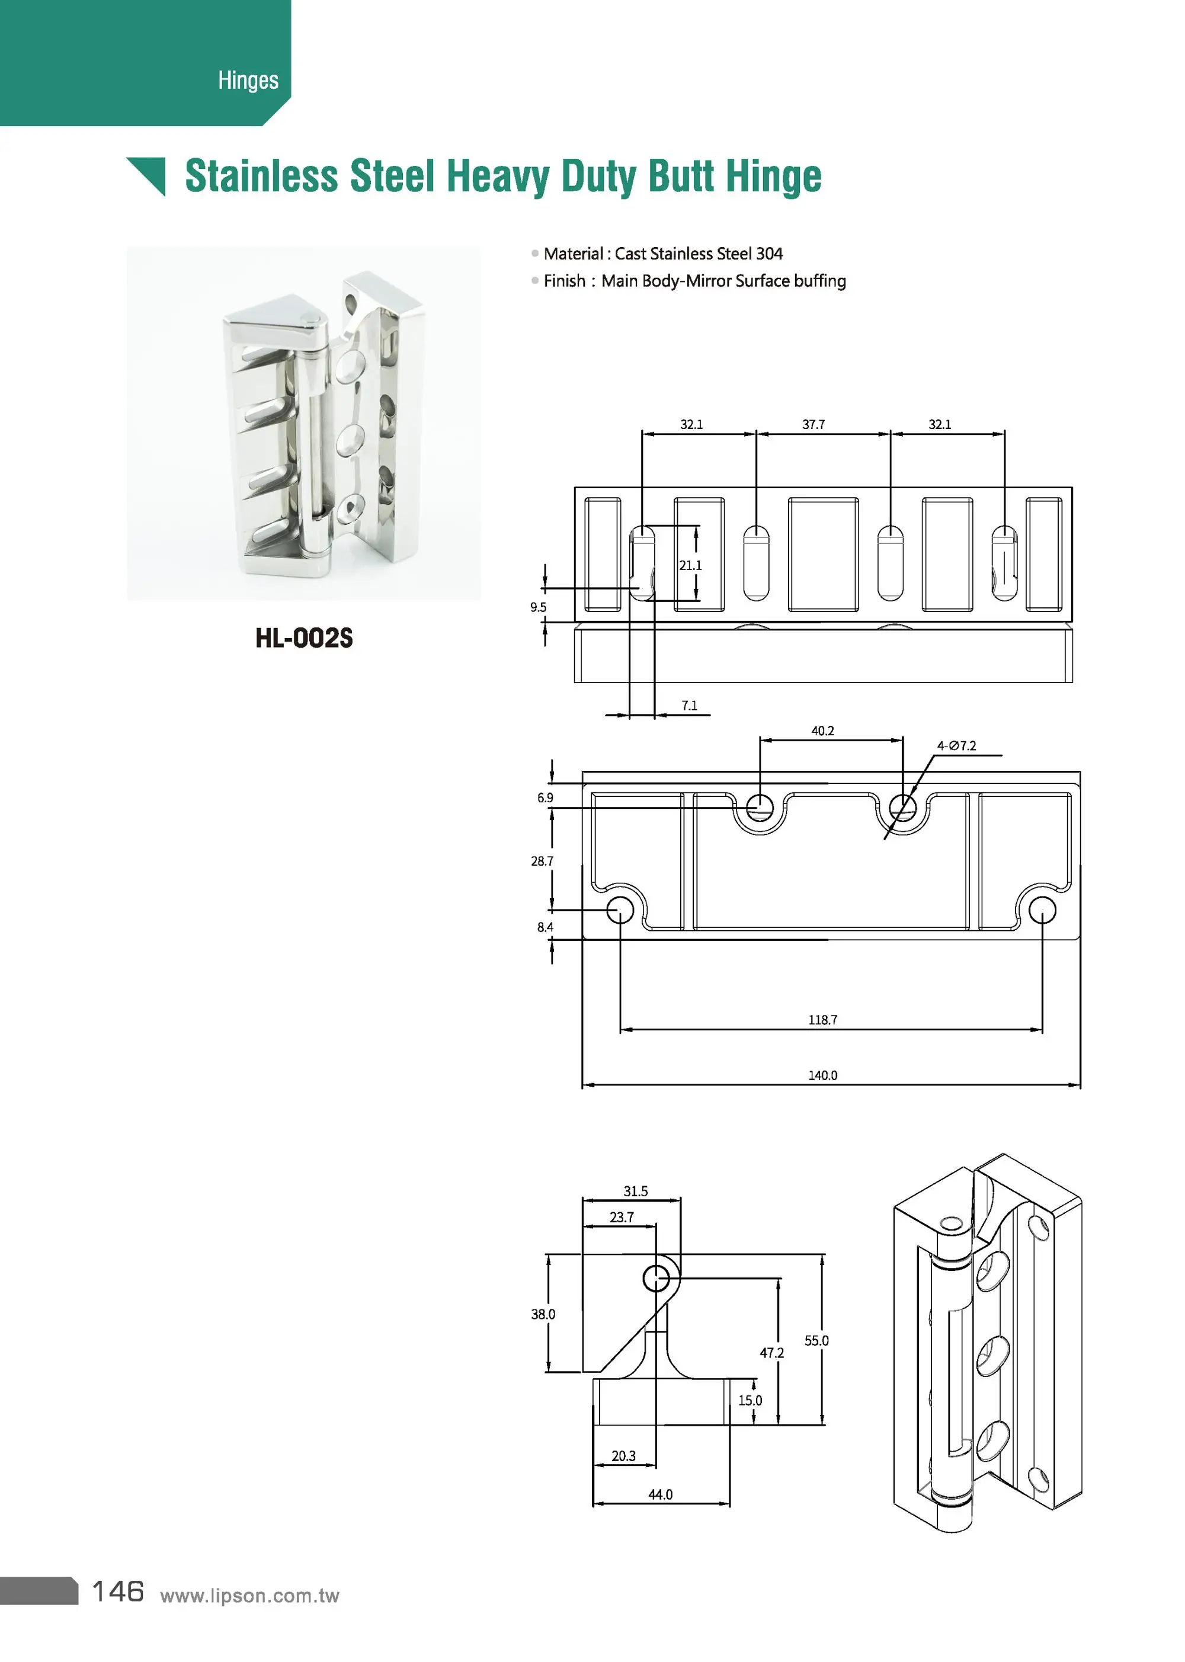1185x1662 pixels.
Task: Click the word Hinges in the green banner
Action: tap(248, 80)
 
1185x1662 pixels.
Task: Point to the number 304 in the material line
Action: tap(769, 254)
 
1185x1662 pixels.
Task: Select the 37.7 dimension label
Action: tap(814, 425)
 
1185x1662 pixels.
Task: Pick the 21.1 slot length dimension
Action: tap(690, 565)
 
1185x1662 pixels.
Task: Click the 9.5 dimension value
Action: tap(539, 607)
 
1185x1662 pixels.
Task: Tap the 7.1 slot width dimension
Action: tap(690, 706)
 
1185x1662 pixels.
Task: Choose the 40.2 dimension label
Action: tap(822, 731)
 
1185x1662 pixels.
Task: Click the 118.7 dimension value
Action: tap(822, 1020)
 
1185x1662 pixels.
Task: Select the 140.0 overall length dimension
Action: tap(822, 1075)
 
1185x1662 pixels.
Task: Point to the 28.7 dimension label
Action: tap(542, 862)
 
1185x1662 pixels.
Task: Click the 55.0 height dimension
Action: tap(816, 1341)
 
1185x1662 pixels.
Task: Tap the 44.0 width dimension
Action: tap(661, 1495)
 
